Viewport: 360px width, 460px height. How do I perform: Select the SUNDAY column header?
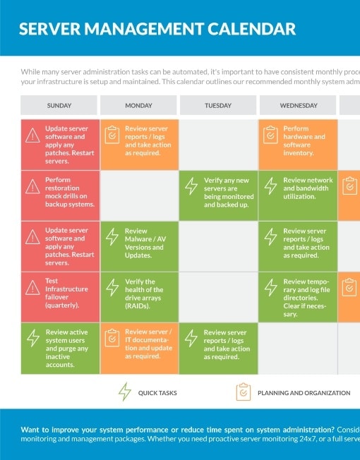pyautogui.click(x=59, y=105)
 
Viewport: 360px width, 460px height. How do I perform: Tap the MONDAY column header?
pyautogui.click(x=138, y=105)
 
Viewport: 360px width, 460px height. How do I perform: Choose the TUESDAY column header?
pyautogui.click(x=218, y=105)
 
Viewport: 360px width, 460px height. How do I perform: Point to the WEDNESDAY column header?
pyautogui.click(x=298, y=105)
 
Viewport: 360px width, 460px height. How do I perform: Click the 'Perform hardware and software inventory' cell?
pyautogui.click(x=298, y=144)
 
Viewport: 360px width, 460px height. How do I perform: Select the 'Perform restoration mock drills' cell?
pyautogui.click(x=59, y=195)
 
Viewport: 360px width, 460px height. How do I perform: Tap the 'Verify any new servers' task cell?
pyautogui.click(x=218, y=195)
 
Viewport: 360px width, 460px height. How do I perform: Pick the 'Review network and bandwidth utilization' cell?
pyautogui.click(x=298, y=195)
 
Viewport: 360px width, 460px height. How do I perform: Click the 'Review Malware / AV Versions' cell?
pyautogui.click(x=138, y=246)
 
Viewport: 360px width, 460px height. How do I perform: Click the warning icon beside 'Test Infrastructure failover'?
pyautogui.click(x=32, y=287)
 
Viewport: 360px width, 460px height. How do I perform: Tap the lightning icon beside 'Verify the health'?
pyautogui.click(x=112, y=287)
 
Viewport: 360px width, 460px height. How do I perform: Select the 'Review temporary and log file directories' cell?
pyautogui.click(x=298, y=297)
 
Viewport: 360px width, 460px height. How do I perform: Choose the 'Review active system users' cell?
pyautogui.click(x=59, y=348)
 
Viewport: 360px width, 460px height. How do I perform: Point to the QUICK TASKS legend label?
pyautogui.click(x=157, y=393)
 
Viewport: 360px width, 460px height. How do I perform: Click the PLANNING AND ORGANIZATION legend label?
pyautogui.click(x=304, y=393)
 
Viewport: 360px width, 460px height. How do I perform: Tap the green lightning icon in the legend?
pyautogui.click(x=125, y=392)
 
